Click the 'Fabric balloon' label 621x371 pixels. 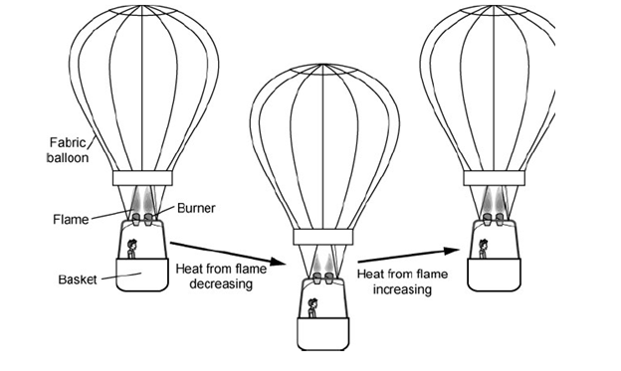click(x=68, y=150)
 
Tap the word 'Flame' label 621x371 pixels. click(x=71, y=220)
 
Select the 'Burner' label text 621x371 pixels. click(x=196, y=208)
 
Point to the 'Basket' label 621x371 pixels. click(x=78, y=279)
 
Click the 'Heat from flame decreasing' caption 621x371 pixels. click(x=221, y=277)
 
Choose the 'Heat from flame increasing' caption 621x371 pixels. click(x=402, y=281)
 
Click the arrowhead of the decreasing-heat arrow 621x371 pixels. click(x=278, y=262)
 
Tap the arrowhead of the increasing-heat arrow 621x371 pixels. click(x=452, y=251)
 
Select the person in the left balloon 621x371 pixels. click(x=131, y=249)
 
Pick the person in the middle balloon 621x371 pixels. click(x=312, y=308)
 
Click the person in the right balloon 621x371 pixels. click(x=483, y=249)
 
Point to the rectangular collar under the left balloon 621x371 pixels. click(x=142, y=178)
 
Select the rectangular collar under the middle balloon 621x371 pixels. click(x=322, y=237)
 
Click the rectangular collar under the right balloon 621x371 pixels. click(x=495, y=178)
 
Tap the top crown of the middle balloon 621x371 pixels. click(x=323, y=69)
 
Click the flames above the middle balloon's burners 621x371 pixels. click(x=323, y=264)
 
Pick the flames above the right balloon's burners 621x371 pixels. click(x=494, y=201)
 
